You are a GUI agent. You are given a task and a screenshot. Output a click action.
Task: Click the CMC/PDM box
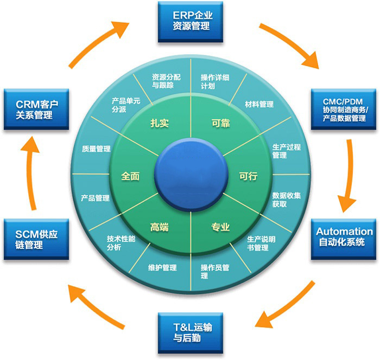(344, 109)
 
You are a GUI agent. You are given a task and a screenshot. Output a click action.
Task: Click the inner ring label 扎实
(160, 123)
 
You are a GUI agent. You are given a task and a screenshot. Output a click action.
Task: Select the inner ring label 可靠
(220, 123)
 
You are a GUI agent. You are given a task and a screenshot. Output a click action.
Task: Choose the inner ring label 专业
(220, 227)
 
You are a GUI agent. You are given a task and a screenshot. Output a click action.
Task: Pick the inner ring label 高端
(159, 227)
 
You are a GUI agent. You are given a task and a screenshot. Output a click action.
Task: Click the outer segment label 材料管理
(259, 104)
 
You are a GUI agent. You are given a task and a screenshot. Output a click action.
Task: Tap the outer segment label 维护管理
(162, 268)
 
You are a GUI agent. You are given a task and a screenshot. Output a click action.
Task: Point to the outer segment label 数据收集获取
(287, 200)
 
